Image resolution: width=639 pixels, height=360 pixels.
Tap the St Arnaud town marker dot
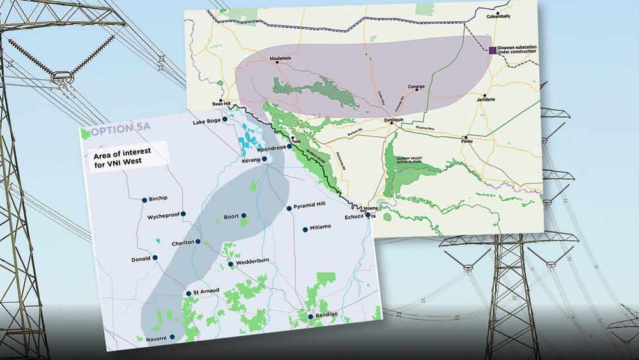pos(188,293)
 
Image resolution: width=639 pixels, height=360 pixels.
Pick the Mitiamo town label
pos(320,228)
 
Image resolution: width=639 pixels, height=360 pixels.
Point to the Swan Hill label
pos(220,103)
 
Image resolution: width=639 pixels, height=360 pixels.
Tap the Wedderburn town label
pos(254,263)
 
